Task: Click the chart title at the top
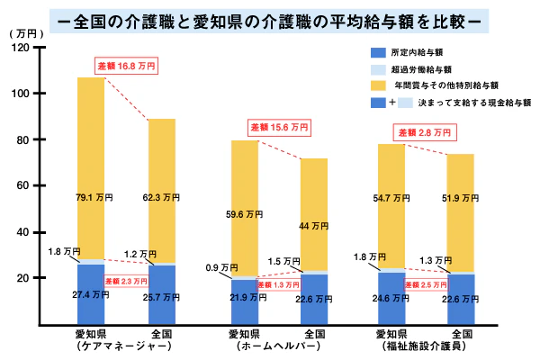269,17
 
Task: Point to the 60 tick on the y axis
29,185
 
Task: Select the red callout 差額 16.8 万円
127,65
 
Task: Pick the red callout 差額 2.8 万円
424,132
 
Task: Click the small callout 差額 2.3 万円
127,282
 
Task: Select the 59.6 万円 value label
244,214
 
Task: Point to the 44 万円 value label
315,226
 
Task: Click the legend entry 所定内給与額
419,52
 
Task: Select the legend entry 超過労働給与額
423,68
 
